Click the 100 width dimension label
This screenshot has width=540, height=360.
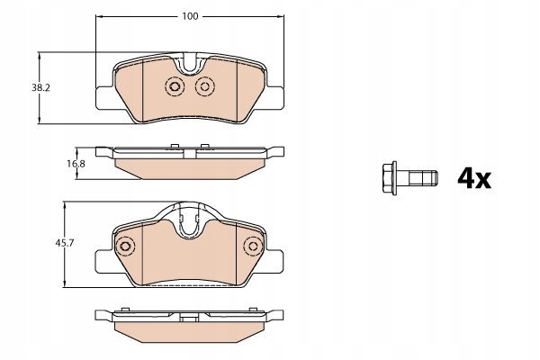point(190,16)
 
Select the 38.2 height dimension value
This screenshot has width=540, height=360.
point(41,88)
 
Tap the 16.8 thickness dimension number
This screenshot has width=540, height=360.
point(76,164)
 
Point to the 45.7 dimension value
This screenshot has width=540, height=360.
point(65,243)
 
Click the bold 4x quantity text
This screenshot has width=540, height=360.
point(474,178)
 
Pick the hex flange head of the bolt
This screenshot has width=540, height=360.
point(390,178)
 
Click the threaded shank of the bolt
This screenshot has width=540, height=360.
point(423,178)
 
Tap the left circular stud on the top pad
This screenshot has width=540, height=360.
point(175,86)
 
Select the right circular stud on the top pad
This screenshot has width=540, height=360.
point(205,86)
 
